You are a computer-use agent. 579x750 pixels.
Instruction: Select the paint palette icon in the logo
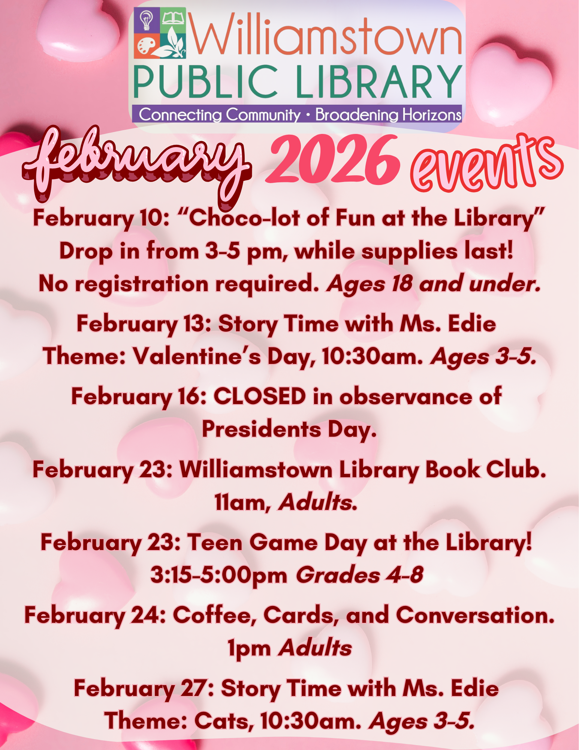[x=146, y=47]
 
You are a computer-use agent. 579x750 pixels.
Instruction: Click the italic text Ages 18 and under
[x=434, y=284]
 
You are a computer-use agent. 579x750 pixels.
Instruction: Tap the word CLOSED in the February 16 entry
[x=260, y=396]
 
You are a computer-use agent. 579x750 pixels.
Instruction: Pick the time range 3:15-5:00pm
[x=219, y=575]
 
